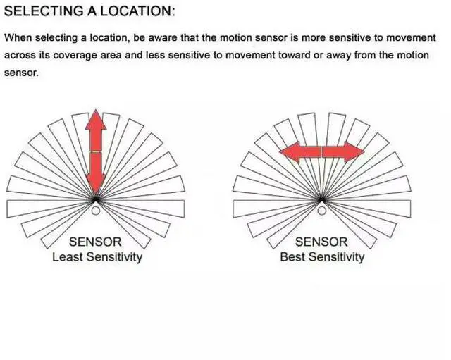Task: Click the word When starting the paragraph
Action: [18, 38]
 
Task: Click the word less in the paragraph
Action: [154, 55]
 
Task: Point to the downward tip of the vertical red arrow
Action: [96, 191]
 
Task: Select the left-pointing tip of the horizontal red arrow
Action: [281, 151]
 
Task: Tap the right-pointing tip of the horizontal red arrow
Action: [364, 151]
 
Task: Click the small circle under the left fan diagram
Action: [96, 210]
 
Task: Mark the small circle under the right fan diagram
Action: [321, 210]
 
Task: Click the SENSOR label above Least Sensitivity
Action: [95, 242]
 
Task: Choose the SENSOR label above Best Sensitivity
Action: [321, 242]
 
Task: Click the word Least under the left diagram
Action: [68, 256]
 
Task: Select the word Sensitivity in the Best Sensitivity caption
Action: [336, 256]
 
